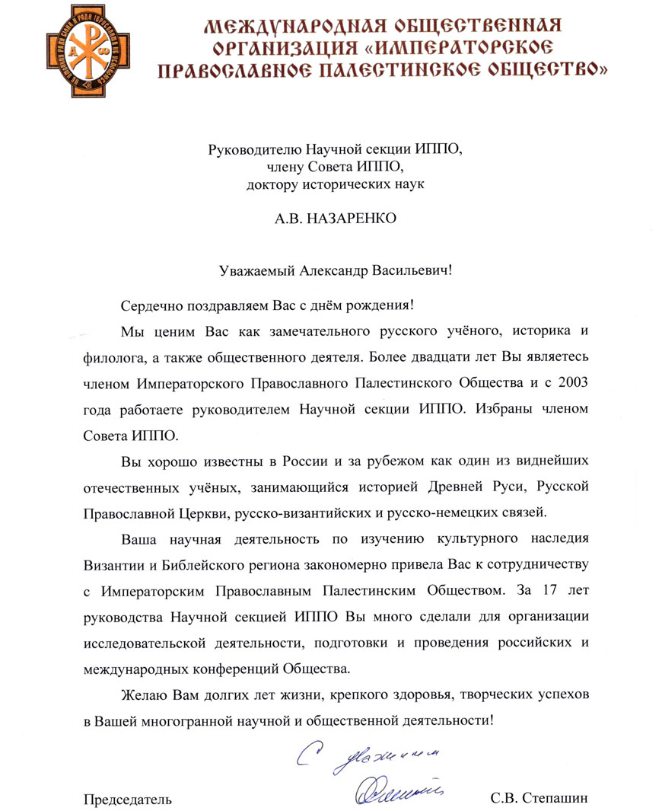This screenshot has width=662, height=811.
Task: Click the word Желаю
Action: (x=142, y=697)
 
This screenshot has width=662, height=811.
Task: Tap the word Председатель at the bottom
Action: (x=127, y=799)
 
